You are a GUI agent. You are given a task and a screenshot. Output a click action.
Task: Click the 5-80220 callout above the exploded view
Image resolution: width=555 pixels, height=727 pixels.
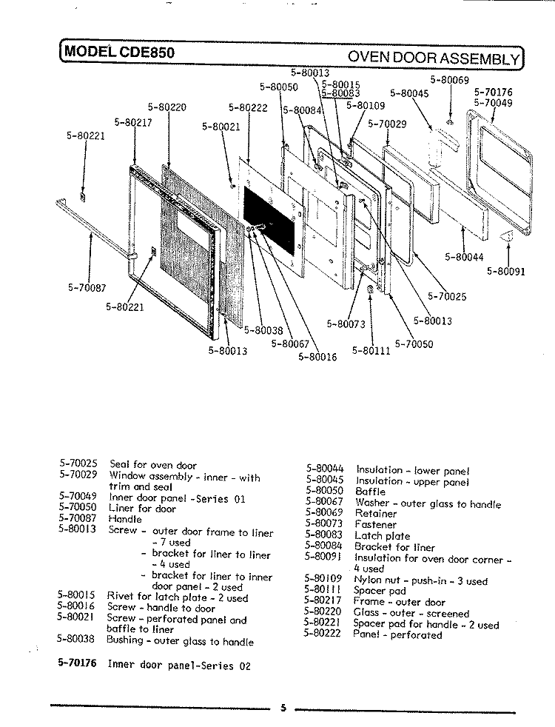click(166, 107)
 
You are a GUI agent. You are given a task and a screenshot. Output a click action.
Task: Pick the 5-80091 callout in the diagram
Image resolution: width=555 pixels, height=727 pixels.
click(505, 271)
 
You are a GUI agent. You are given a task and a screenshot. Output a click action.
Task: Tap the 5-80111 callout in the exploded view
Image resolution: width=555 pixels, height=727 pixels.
click(371, 350)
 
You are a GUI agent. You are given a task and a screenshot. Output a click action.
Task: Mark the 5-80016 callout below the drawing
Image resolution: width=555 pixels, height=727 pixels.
click(317, 357)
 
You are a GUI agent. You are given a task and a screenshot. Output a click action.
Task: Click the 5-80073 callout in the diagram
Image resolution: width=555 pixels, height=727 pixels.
click(346, 324)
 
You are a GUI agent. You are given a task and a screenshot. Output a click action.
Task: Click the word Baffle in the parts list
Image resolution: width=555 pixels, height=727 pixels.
click(370, 491)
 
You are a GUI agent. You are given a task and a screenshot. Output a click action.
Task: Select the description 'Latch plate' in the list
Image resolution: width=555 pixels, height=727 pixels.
click(382, 536)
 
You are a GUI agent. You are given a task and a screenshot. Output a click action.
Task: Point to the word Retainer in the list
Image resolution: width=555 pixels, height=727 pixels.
click(376, 513)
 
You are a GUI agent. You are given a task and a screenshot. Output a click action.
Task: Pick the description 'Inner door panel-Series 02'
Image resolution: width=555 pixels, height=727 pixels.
click(179, 665)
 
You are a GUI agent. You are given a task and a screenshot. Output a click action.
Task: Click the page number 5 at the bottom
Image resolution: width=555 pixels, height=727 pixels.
click(283, 708)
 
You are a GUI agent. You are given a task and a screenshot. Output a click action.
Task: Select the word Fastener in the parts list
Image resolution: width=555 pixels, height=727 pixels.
click(376, 524)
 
